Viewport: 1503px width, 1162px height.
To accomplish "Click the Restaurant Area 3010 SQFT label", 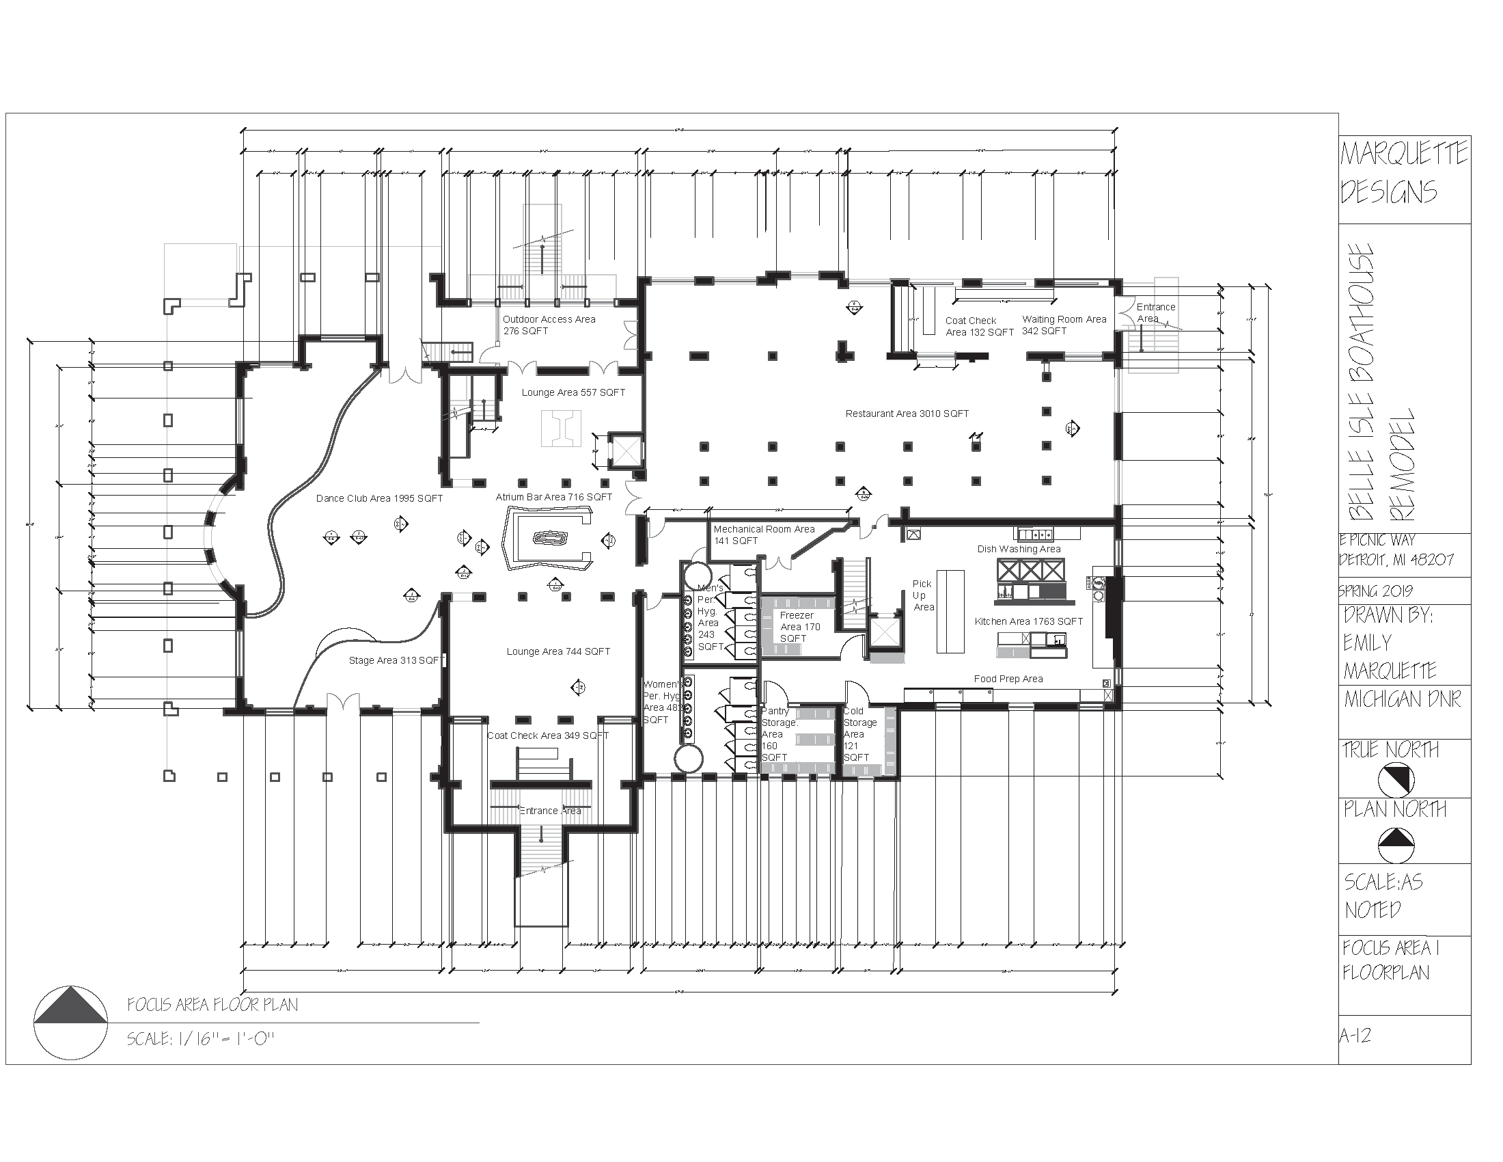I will point(907,414).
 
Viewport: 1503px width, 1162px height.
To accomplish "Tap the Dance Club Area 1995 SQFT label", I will point(379,498).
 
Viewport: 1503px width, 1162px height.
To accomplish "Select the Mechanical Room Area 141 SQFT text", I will point(763,535).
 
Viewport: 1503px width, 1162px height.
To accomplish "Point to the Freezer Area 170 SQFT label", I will point(798,626).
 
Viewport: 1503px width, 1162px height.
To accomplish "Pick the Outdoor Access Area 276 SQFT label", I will point(549,325).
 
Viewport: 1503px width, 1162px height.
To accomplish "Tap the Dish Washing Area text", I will point(1019,549).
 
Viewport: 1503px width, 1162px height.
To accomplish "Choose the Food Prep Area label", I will point(1008,679).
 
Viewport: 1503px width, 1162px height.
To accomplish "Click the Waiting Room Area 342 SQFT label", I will point(1063,325).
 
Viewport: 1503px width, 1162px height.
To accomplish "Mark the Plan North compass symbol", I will point(1396,844).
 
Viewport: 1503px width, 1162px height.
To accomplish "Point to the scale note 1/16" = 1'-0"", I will point(200,1039).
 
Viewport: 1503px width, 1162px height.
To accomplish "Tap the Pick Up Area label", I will point(923,595).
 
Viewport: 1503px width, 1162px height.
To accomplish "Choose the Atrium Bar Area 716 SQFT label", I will point(553,497).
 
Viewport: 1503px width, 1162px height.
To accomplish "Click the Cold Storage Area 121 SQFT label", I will point(859,734).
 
